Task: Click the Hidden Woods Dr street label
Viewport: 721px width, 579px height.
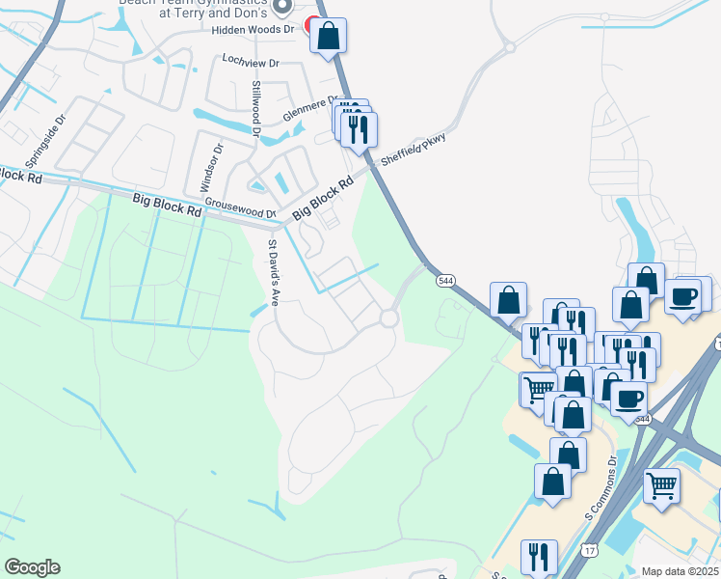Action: (254, 29)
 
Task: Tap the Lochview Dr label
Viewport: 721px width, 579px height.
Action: (250, 62)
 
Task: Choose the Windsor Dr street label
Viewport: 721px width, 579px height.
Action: (210, 166)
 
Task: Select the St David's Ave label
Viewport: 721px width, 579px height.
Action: (273, 272)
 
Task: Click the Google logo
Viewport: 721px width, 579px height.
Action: (32, 567)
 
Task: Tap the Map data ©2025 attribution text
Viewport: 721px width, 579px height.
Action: (680, 571)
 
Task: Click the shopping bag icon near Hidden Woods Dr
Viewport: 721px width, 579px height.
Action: (328, 37)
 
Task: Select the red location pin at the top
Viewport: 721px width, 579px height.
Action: (312, 26)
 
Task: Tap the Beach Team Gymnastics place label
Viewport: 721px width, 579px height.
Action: (193, 8)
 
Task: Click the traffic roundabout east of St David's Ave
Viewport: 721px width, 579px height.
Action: (389, 318)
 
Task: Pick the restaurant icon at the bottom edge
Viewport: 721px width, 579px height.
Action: (539, 557)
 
